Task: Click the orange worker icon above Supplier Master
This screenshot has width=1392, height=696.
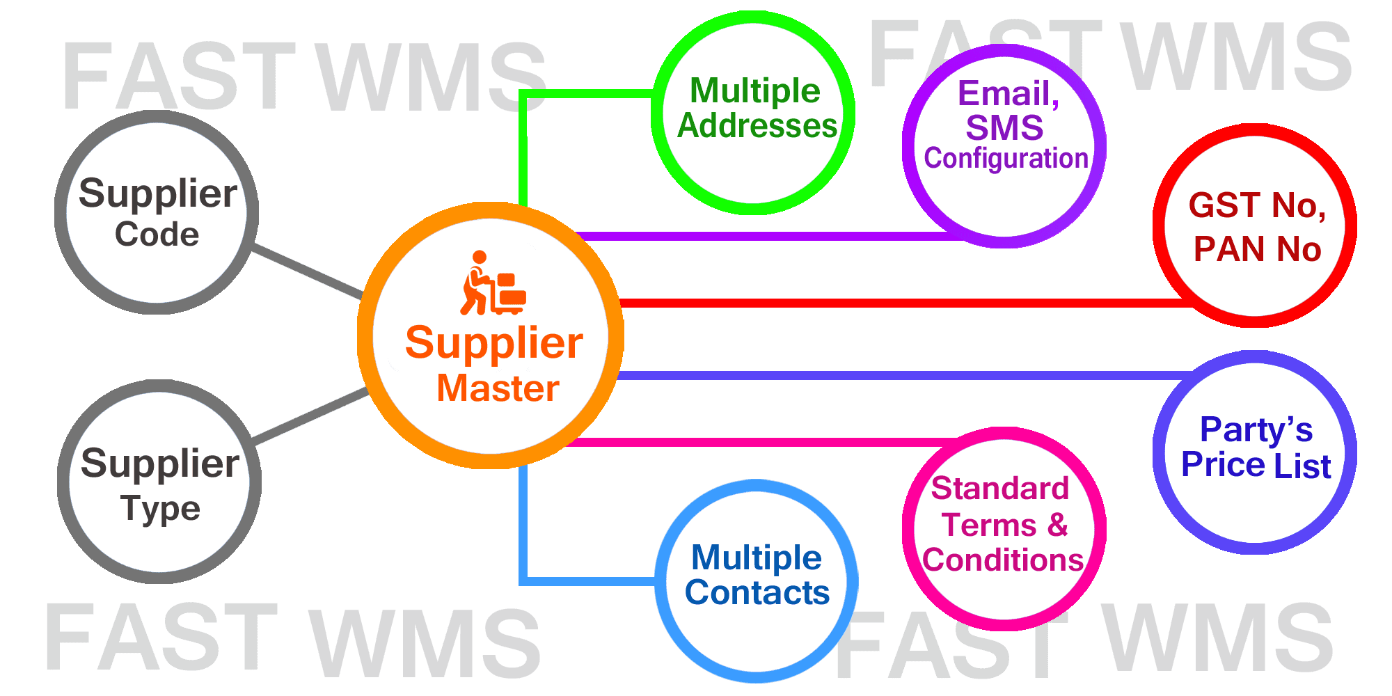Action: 493,283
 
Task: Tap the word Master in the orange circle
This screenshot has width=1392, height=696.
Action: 498,388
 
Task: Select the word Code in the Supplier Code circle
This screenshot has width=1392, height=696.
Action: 157,235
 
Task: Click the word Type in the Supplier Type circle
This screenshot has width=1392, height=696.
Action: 160,509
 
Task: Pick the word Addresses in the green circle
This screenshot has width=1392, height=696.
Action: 757,126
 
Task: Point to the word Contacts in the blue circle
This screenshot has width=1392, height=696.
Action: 757,592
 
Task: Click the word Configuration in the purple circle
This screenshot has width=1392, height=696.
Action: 1006,159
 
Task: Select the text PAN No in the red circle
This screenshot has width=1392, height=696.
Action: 1257,249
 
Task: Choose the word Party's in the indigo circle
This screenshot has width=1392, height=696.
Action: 1256,430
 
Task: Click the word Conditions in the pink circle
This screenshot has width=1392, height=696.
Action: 1003,560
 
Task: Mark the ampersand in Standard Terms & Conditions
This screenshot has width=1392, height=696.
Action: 1057,524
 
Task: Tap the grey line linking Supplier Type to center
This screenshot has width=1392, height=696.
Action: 310,416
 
